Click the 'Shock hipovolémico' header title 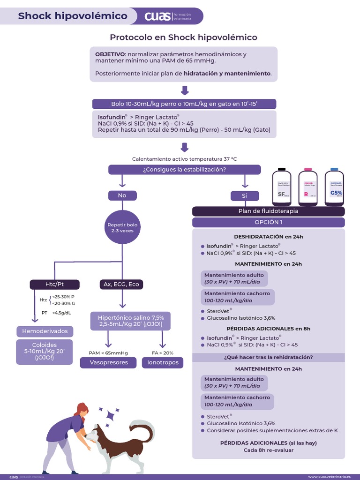tap(73, 16)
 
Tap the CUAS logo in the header tap(158, 16)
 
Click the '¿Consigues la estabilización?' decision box tap(185, 170)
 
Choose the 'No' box tap(122, 195)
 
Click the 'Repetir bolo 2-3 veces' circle tap(122, 228)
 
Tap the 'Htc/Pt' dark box tap(55, 285)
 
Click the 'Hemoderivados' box tap(45, 331)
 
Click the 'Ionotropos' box tap(162, 363)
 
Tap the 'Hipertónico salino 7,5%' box tap(131, 321)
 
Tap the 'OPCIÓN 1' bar tap(268, 222)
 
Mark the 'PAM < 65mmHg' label tap(108, 353)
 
